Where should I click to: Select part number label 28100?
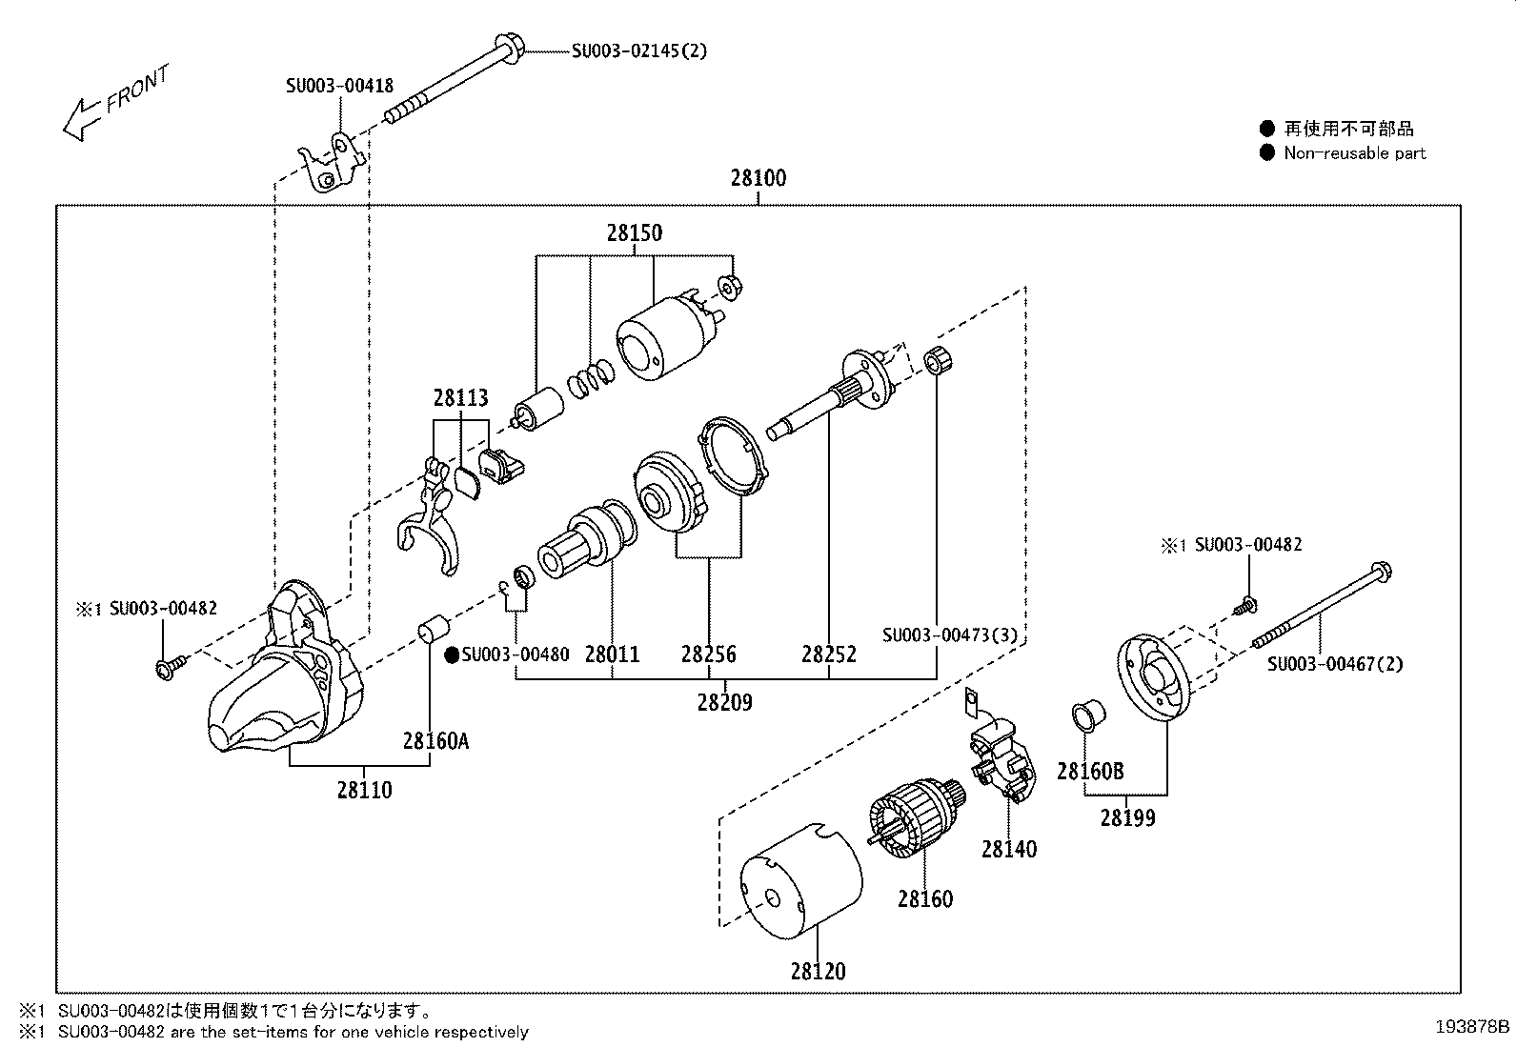coord(758,178)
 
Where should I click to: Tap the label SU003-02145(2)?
coord(639,50)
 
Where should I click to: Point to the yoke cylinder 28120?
coord(801,882)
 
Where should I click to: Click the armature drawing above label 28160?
coord(914,820)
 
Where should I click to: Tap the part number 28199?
coord(1127,817)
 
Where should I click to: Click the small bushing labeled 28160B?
coord(1088,715)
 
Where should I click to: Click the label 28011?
coord(612,654)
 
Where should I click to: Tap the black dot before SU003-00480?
coord(453,654)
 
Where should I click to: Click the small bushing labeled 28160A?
coord(434,632)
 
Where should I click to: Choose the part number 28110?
coord(364,790)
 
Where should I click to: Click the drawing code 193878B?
coord(1473,1027)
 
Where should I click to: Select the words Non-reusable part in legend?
coord(1354,152)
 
